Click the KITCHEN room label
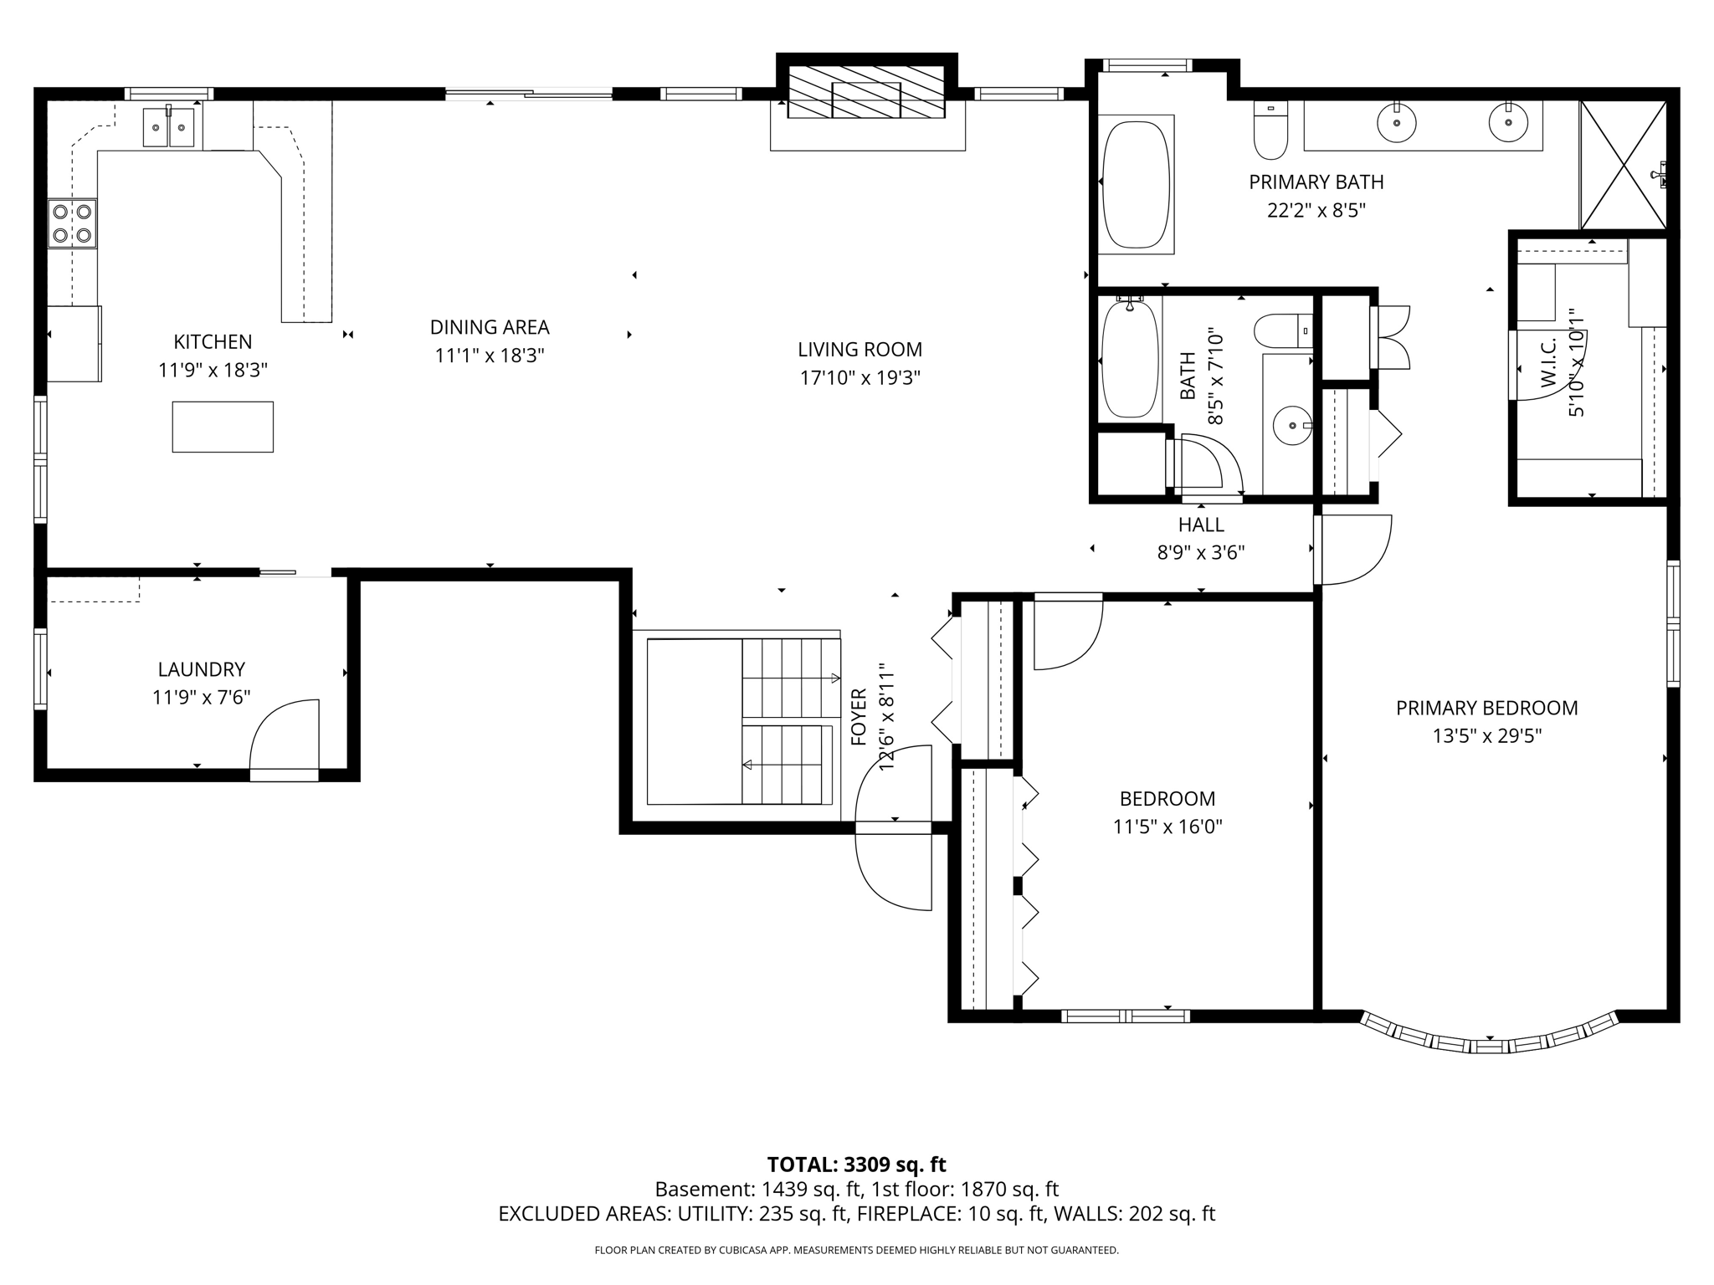(213, 341)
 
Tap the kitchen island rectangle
(223, 427)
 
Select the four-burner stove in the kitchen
(71, 223)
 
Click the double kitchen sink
(168, 127)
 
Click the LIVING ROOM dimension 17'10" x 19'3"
(860, 378)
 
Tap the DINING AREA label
(490, 327)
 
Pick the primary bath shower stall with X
(1622, 165)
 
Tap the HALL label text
(1201, 525)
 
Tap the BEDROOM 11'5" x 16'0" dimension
(1167, 827)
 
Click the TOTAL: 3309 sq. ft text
(856, 1165)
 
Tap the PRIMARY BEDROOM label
(1486, 708)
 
